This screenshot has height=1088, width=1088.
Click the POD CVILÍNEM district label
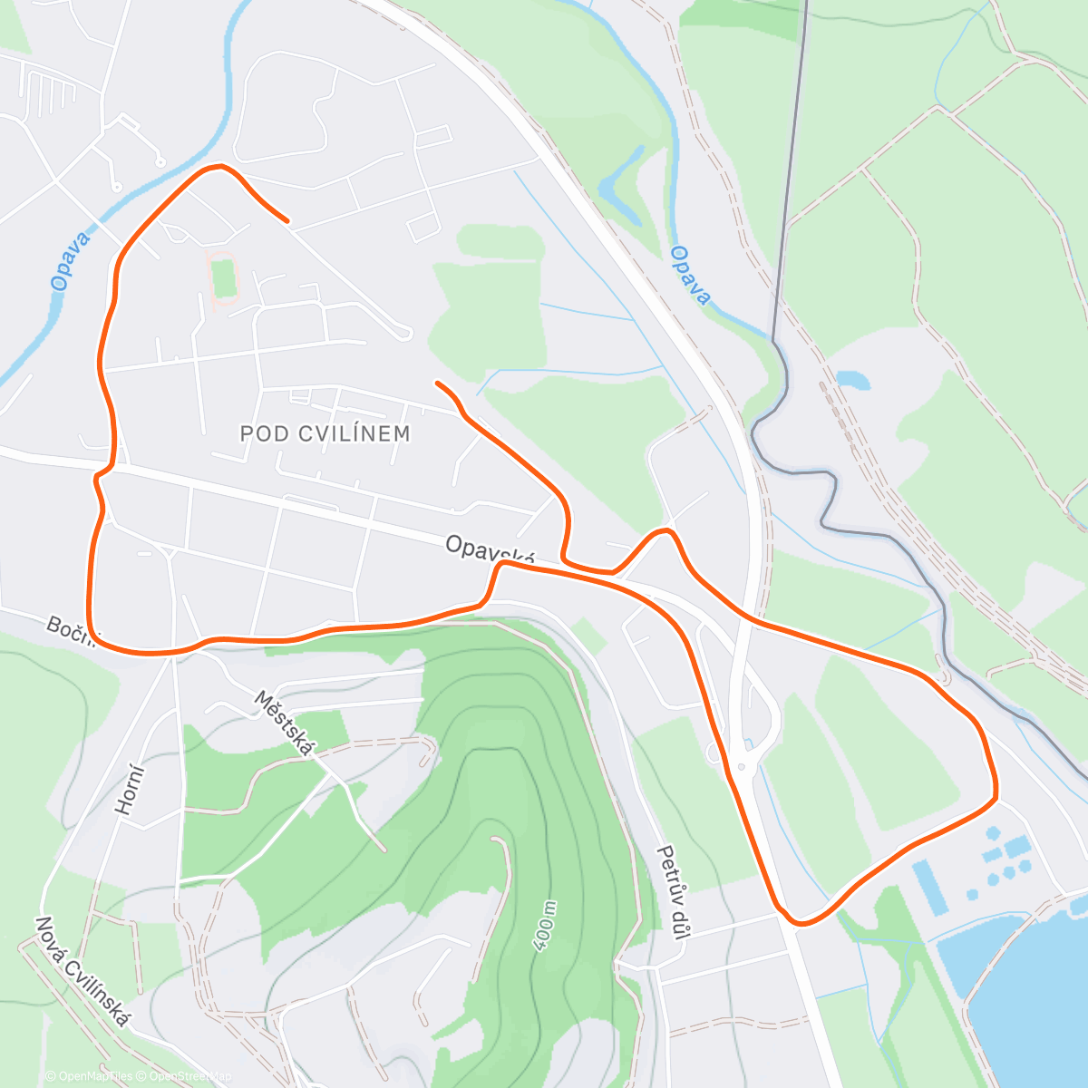(325, 433)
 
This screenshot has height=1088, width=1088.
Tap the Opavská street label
(490, 550)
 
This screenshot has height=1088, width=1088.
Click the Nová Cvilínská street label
(81, 973)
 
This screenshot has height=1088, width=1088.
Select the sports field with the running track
(222, 278)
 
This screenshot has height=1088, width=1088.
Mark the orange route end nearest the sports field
(287, 220)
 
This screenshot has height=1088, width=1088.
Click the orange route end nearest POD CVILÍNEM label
(438, 383)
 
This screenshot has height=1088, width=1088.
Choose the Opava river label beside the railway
(690, 276)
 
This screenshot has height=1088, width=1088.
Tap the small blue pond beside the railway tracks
(853, 379)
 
